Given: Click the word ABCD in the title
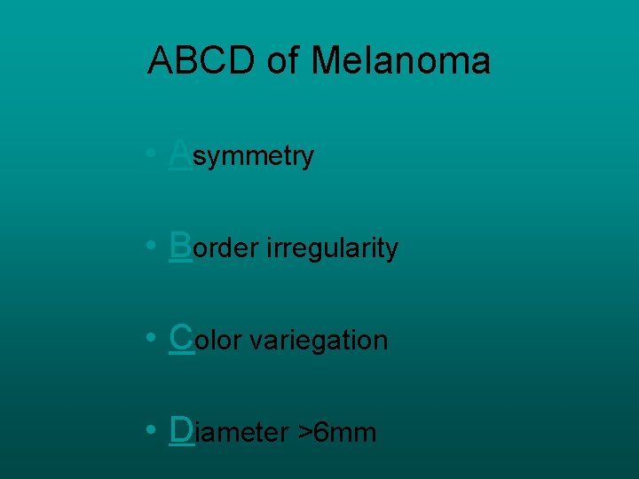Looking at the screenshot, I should point(201,60).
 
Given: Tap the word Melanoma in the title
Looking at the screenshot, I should point(400,60).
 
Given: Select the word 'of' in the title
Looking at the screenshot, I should point(283,60).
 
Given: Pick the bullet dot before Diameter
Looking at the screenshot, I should point(154,431).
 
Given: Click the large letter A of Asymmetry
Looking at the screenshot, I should point(180,153).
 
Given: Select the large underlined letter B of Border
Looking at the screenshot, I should point(180,245).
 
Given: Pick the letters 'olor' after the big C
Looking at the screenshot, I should point(219,342).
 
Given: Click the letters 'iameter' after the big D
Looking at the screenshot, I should point(242,433).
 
